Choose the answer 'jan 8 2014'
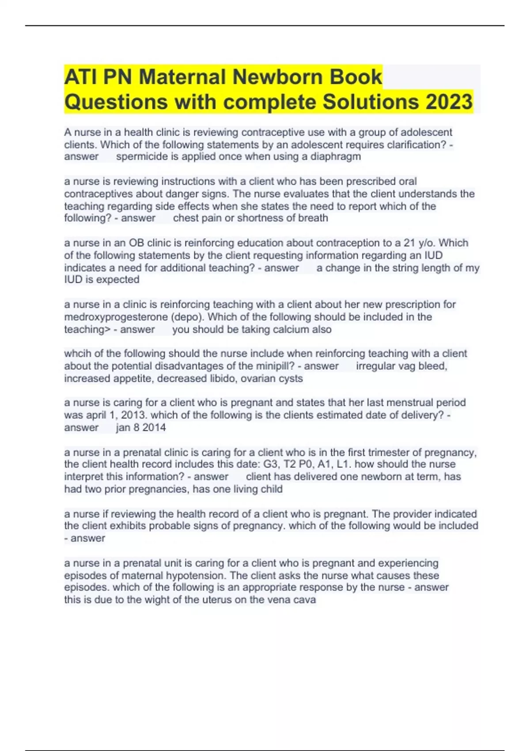point(141,428)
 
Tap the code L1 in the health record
point(339,464)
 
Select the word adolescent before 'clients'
point(426,133)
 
